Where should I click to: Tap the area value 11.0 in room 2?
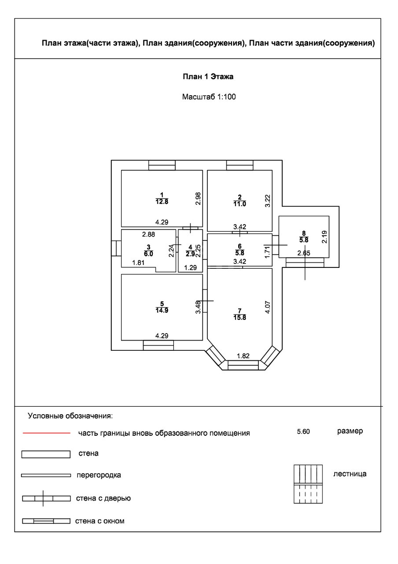[240, 203]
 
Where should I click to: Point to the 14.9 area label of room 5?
[162, 310]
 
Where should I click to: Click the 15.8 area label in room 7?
[240, 317]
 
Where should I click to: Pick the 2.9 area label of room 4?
[190, 254]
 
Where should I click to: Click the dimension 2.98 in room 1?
[198, 199]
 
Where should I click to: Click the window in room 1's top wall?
[162, 165]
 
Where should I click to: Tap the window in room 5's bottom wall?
[158, 345]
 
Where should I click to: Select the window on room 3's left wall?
[116, 248]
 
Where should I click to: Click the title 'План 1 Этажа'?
[208, 77]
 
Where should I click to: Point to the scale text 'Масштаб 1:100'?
[209, 97]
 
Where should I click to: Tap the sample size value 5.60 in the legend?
[304, 432]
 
